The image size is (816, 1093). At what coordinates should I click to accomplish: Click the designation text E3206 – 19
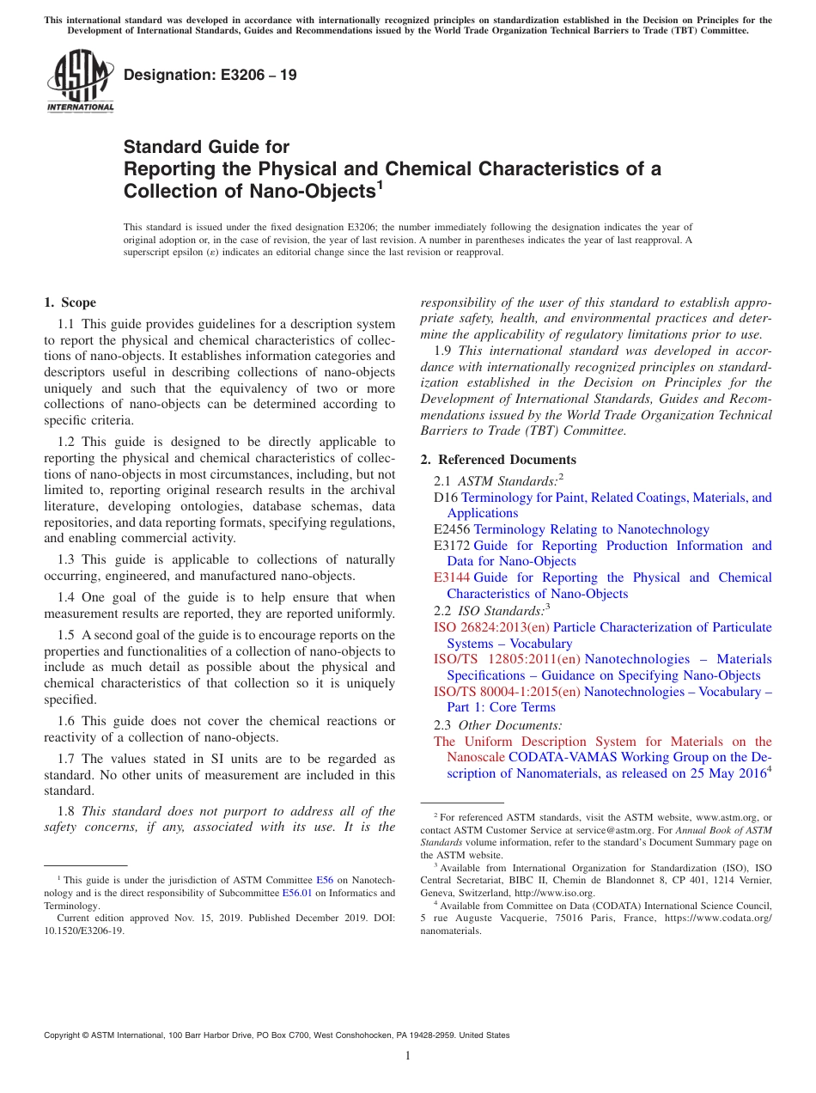(210, 76)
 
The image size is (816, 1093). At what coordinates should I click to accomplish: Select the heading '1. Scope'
(70, 302)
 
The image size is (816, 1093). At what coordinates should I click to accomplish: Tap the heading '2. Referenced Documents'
(498, 460)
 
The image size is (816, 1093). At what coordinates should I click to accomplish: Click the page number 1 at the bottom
(408, 1056)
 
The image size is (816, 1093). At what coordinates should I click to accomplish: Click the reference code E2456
(452, 529)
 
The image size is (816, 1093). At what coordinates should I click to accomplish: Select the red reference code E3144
(452, 577)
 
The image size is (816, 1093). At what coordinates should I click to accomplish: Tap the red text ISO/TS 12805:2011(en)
(507, 659)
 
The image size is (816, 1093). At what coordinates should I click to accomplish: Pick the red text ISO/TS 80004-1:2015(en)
(507, 692)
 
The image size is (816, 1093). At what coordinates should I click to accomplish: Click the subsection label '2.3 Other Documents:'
(498, 725)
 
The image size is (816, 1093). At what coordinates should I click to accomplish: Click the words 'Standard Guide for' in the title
(206, 147)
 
